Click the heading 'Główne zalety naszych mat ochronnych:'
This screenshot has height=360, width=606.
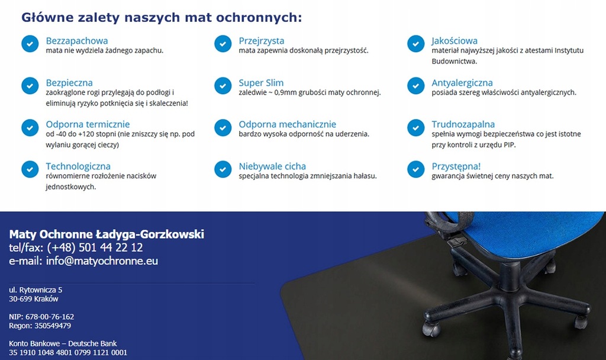point(162,18)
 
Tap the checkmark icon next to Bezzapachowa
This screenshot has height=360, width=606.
point(30,44)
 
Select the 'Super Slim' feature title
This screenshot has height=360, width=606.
point(261,83)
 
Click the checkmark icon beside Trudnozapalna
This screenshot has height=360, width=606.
point(416,128)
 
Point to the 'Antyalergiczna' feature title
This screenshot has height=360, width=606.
point(462,83)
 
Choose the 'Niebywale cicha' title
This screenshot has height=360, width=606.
point(272,166)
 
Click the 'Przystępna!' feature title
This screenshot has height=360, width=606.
point(456,166)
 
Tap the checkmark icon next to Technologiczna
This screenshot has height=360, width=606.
point(30,169)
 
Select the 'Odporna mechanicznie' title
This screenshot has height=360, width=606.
point(287,124)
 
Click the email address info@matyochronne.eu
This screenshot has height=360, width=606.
point(102,261)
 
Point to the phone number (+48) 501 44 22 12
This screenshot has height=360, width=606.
point(95,247)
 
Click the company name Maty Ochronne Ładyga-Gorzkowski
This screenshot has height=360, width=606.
point(107,234)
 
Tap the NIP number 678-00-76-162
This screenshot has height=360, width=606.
point(50,317)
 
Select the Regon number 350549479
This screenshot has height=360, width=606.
point(53,326)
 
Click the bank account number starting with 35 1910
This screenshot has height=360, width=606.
point(68,353)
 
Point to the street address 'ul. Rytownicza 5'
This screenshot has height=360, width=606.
point(36,290)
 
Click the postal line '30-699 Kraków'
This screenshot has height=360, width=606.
point(34,299)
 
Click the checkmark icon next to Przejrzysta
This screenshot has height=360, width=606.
point(223,44)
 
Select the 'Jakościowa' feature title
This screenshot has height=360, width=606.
point(454,41)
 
